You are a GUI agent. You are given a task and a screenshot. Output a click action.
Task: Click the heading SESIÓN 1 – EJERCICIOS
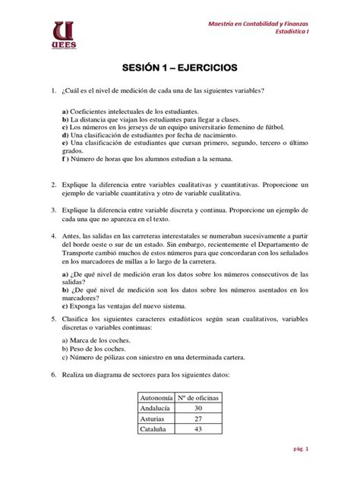tap(180, 68)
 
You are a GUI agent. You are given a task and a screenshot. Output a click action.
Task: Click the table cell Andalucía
tap(154, 407)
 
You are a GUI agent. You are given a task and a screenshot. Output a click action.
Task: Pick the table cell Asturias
tap(151, 418)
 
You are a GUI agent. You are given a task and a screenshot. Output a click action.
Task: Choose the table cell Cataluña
tap(152, 430)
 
